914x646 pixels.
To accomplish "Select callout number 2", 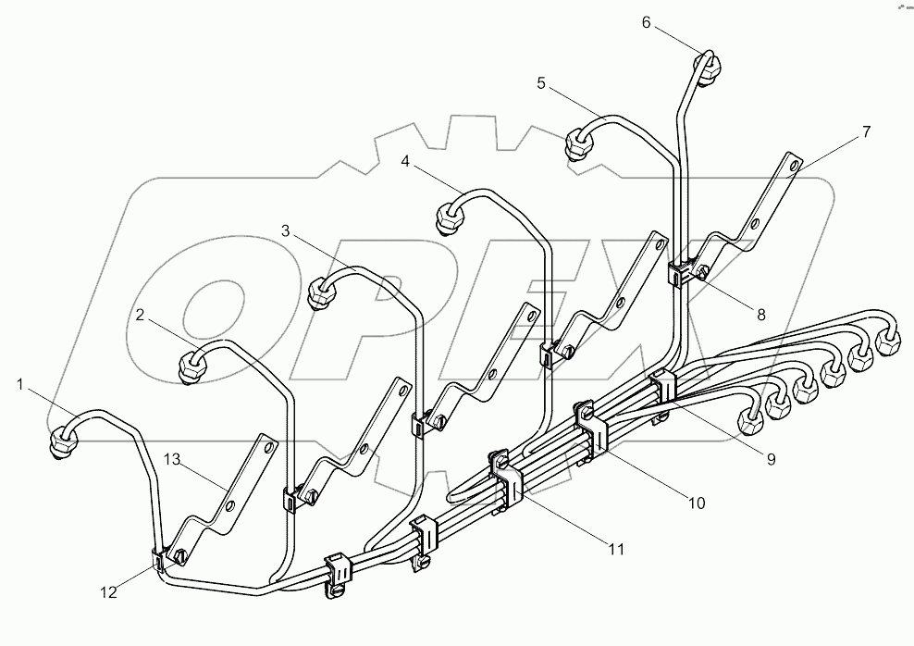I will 140,315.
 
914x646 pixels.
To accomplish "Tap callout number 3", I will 288,231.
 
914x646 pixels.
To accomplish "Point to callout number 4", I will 405,161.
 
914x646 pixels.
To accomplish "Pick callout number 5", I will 541,83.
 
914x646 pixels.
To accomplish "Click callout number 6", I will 648,22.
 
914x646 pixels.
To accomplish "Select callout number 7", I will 866,131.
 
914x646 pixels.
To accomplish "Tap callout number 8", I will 761,314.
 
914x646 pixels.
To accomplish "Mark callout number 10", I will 696,503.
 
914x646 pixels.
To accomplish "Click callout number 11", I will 614,549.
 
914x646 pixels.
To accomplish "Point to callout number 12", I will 109,593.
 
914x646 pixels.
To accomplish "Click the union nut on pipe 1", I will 61,439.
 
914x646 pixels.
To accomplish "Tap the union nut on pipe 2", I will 191,366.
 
